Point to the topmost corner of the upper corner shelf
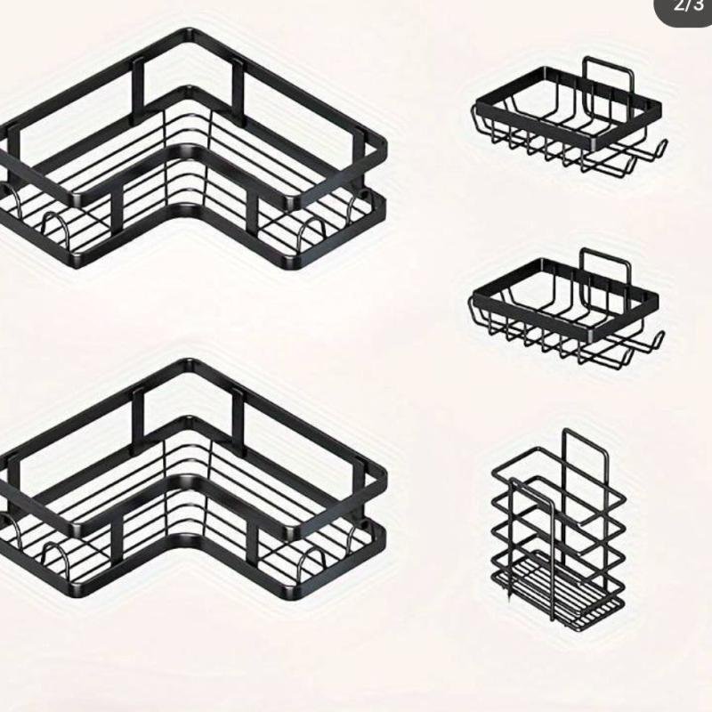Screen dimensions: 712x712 coord(189,33)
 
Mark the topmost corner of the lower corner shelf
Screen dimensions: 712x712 coord(189,363)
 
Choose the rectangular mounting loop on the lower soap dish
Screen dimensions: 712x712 coord(609,267)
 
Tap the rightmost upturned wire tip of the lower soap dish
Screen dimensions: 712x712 coord(659,336)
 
